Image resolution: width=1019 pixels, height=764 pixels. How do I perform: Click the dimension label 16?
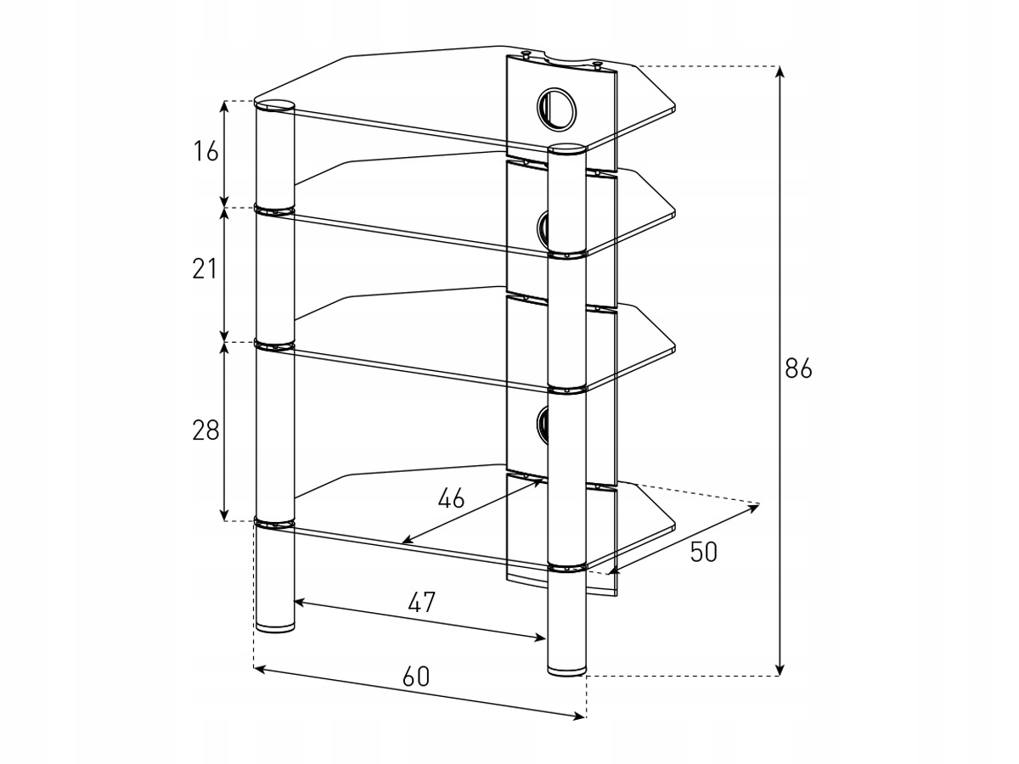tap(205, 153)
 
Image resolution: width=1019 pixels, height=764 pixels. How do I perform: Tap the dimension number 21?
tap(205, 270)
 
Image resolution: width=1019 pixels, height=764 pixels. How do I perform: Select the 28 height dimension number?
tap(205, 430)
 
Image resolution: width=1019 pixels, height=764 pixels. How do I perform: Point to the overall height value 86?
tap(798, 369)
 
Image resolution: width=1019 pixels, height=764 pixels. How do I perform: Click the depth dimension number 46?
tap(451, 498)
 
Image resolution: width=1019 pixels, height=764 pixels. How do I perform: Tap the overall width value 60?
tap(415, 677)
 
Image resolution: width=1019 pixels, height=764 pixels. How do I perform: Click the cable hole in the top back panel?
tap(555, 107)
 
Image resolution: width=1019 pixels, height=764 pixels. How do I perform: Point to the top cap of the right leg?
tap(567, 150)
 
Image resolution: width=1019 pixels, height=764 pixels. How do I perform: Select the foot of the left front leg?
tap(275, 627)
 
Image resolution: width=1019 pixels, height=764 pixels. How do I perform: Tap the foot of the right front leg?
tap(566, 671)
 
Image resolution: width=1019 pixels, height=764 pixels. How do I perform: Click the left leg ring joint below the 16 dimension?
tap(275, 209)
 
